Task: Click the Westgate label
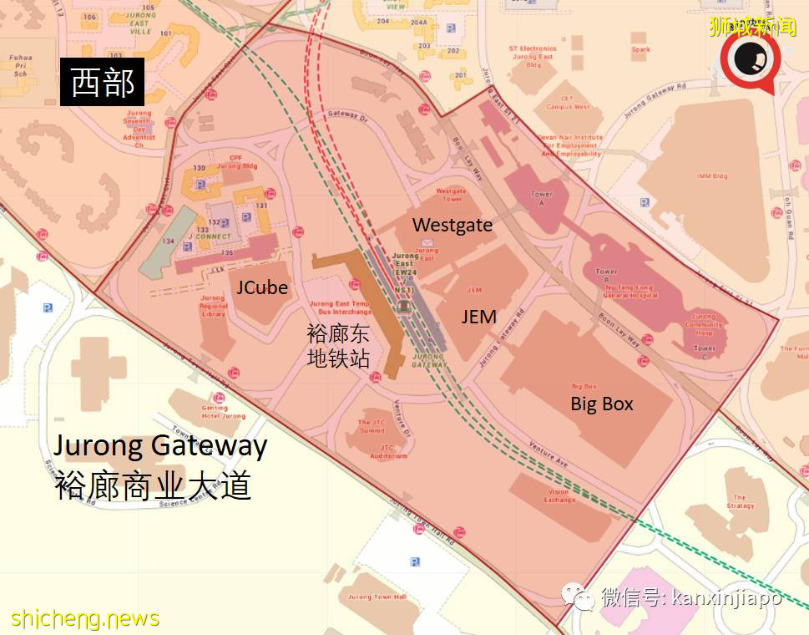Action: pyautogui.click(x=452, y=225)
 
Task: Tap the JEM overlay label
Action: pyautogui.click(x=478, y=317)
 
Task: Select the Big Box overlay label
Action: pyautogui.click(x=601, y=404)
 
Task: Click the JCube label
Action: pyautogui.click(x=261, y=287)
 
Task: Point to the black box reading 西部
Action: pyautogui.click(x=103, y=84)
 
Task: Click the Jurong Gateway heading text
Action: pyautogui.click(x=160, y=445)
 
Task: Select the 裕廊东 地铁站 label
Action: pyautogui.click(x=338, y=347)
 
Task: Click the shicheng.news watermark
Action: pyautogui.click(x=84, y=618)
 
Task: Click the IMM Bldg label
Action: pyautogui.click(x=712, y=176)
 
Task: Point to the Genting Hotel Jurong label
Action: pyautogui.click(x=224, y=412)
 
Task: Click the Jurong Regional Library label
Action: pyautogui.click(x=213, y=306)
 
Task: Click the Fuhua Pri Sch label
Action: pyautogui.click(x=20, y=64)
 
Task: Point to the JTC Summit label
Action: pyautogui.click(x=372, y=426)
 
